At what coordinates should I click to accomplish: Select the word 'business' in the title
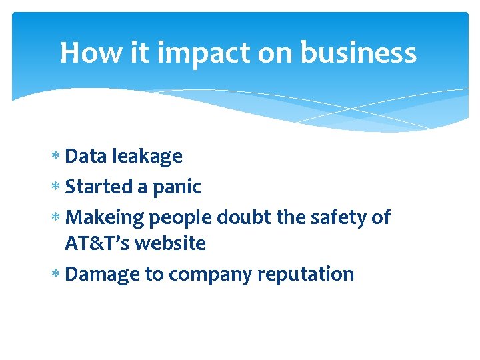[x=359, y=53]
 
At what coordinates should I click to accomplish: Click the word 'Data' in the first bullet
[x=87, y=156]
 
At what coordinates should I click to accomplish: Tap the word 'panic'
[x=177, y=187]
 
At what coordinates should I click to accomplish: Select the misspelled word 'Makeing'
[x=105, y=218]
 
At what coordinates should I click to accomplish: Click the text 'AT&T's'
[x=97, y=244]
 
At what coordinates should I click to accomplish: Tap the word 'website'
[x=170, y=244]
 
